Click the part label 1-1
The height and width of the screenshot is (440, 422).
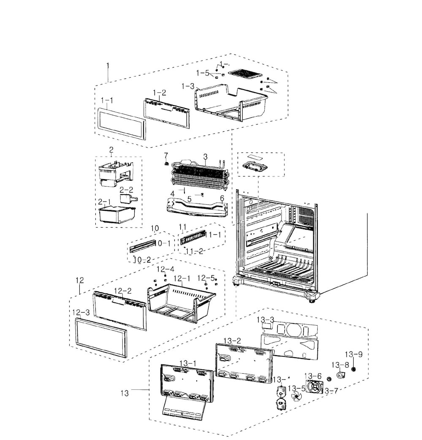[x=107, y=100]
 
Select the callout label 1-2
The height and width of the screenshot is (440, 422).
[x=159, y=92]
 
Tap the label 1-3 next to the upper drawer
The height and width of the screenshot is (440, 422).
[x=188, y=86]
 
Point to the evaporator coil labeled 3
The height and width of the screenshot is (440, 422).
[x=198, y=175]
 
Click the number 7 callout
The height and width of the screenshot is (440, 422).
[x=166, y=155]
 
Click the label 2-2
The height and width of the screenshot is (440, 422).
[x=126, y=190]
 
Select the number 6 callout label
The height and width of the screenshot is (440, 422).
[x=222, y=198]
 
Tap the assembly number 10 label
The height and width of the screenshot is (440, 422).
[x=155, y=228]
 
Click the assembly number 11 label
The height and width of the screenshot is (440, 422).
[x=182, y=227]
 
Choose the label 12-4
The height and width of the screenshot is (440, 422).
[x=165, y=269]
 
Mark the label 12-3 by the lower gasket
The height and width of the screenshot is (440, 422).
[x=80, y=312]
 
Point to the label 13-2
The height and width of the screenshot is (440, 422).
[x=232, y=340]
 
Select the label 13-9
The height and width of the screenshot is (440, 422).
[x=354, y=354]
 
